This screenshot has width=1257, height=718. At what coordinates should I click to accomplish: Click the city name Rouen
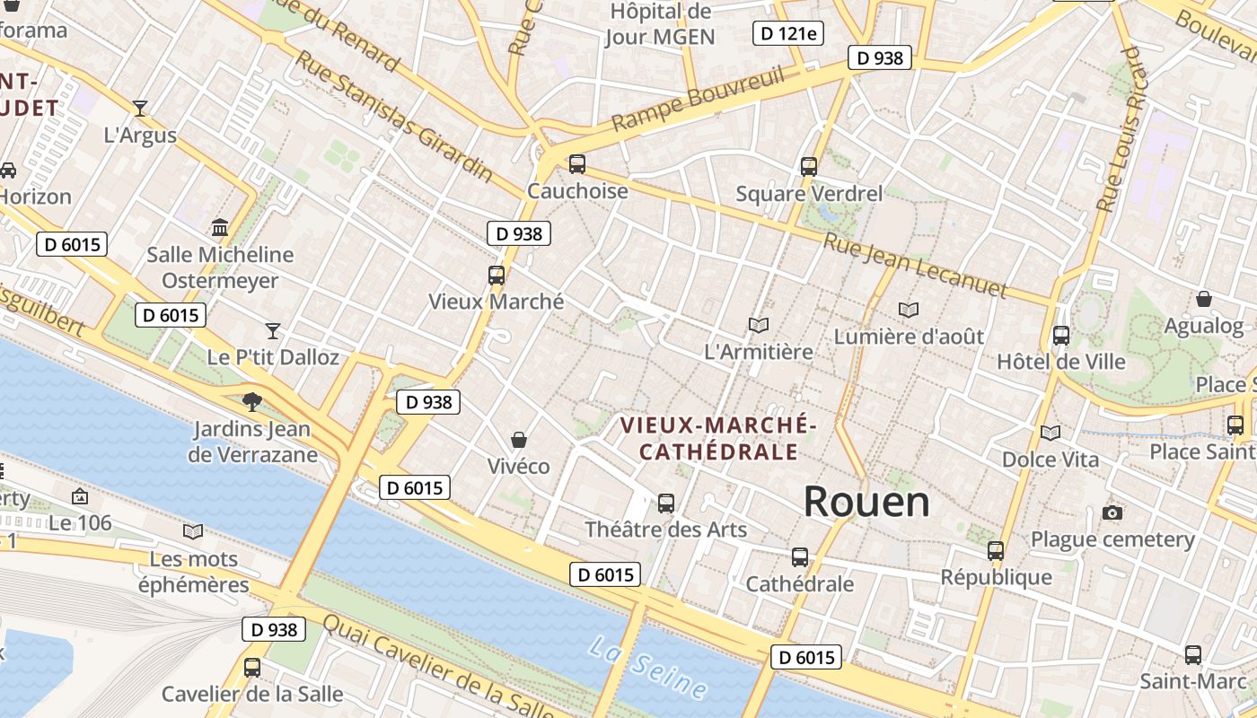pyautogui.click(x=866, y=502)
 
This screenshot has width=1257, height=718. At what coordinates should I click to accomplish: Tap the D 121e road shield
pyautogui.click(x=787, y=34)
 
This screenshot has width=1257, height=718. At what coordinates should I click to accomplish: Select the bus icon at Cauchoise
pyautogui.click(x=577, y=164)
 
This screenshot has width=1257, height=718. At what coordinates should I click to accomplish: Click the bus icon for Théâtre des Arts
pyautogui.click(x=666, y=503)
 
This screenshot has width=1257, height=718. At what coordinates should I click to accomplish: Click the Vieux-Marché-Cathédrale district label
pyautogui.click(x=718, y=437)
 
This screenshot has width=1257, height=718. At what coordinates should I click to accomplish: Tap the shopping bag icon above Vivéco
pyautogui.click(x=518, y=440)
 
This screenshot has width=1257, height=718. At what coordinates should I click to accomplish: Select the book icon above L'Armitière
pyautogui.click(x=759, y=325)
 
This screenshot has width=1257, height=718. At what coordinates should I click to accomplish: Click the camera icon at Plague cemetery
pyautogui.click(x=1112, y=512)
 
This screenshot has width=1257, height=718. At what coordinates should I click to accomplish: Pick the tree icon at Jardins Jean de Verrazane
pyautogui.click(x=252, y=401)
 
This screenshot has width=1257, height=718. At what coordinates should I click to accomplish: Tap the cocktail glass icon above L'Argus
pyautogui.click(x=140, y=109)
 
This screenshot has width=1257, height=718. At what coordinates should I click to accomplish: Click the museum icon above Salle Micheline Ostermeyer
pyautogui.click(x=220, y=227)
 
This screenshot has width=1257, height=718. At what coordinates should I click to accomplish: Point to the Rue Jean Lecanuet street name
pyautogui.click(x=916, y=265)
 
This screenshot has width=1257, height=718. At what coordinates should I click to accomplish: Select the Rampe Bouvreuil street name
pyautogui.click(x=699, y=100)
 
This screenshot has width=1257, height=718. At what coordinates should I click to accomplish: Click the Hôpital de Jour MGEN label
pyautogui.click(x=660, y=24)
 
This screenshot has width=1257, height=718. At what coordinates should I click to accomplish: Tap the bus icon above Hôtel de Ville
pyautogui.click(x=1061, y=336)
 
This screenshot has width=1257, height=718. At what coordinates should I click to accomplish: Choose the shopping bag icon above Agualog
pyautogui.click(x=1204, y=299)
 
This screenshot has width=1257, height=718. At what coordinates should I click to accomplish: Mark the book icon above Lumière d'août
pyautogui.click(x=909, y=310)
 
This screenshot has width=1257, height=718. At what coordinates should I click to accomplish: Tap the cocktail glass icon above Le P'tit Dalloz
pyautogui.click(x=273, y=330)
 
